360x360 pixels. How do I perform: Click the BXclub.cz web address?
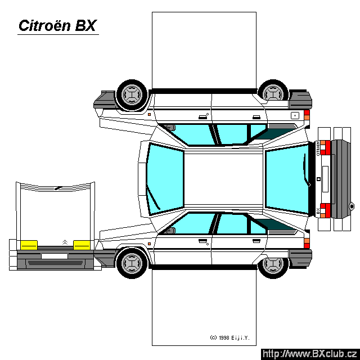(309, 354)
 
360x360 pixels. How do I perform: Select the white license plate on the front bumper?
(54, 256)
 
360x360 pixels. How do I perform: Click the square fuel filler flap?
(294, 115)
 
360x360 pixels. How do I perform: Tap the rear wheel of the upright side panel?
(274, 263)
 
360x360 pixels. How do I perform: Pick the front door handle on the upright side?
(201, 241)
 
